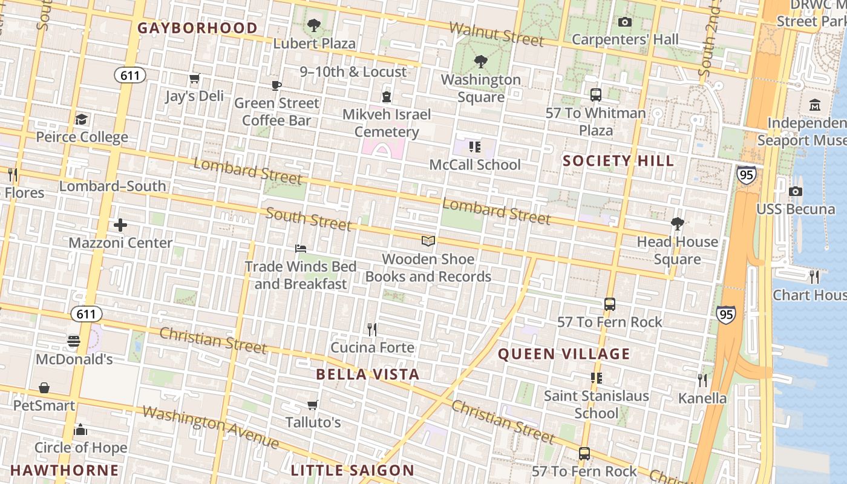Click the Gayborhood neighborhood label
tap(197, 28)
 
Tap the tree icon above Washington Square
tap(481, 61)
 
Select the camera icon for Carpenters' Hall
tap(625, 22)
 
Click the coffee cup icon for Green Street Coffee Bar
tap(276, 85)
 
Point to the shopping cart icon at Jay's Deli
tap(194, 79)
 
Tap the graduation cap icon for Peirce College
tap(82, 119)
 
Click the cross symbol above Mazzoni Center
tap(120, 226)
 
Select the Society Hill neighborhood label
tap(618, 160)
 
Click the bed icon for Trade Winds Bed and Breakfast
tap(301, 249)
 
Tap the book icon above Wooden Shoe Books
tap(428, 241)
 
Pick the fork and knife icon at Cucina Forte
tap(372, 330)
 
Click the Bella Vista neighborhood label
tap(368, 374)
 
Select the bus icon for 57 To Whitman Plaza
tap(596, 95)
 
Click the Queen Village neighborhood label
tap(564, 354)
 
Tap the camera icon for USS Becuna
tap(796, 192)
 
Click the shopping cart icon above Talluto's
tap(313, 405)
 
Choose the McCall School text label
tap(475, 165)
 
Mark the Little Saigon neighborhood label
tap(353, 470)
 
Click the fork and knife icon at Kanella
tap(702, 381)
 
